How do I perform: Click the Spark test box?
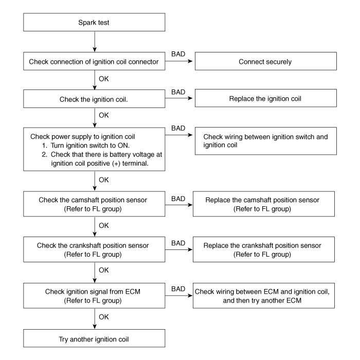pyautogui.click(x=94, y=22)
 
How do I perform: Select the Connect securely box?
pyautogui.click(x=266, y=61)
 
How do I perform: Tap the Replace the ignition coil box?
pyautogui.click(x=266, y=98)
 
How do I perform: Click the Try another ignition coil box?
pyautogui.click(x=94, y=338)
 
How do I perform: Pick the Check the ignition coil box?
pyautogui.click(x=94, y=99)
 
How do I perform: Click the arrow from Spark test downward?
pyautogui.click(x=95, y=42)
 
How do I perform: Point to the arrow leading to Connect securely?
pyautogui.click(x=178, y=61)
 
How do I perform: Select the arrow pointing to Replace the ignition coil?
pyautogui.click(x=178, y=98)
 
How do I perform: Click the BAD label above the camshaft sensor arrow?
pyautogui.click(x=178, y=199)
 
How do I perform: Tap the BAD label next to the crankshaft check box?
pyautogui.click(x=178, y=243)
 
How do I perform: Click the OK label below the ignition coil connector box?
pyautogui.click(x=104, y=79)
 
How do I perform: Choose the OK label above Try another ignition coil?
pyautogui.click(x=104, y=317)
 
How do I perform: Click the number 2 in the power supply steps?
pyautogui.click(x=44, y=154)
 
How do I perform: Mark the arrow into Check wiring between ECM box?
pyautogui.click(x=179, y=296)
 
